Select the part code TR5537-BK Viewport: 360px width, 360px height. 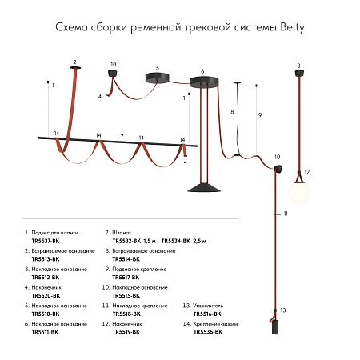point(45,240)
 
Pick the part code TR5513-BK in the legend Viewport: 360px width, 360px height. point(45,258)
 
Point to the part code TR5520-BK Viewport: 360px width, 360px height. point(45,295)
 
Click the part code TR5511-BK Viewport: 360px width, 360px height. point(45,332)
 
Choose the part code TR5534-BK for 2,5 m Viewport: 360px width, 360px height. point(175,240)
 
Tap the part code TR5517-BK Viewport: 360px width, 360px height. point(126,277)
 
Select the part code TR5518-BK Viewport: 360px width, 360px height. point(126,314)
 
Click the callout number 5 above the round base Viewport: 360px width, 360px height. point(158,68)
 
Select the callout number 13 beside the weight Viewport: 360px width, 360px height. point(282,309)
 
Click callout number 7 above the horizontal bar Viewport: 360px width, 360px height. point(121,136)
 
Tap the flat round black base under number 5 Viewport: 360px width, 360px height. point(158,78)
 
